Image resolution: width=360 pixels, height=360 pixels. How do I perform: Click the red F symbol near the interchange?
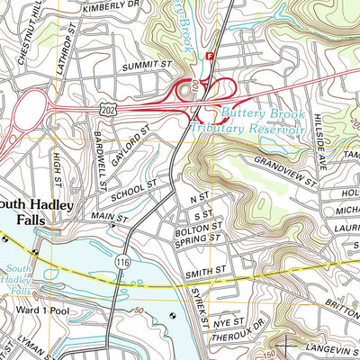tap(211, 56)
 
